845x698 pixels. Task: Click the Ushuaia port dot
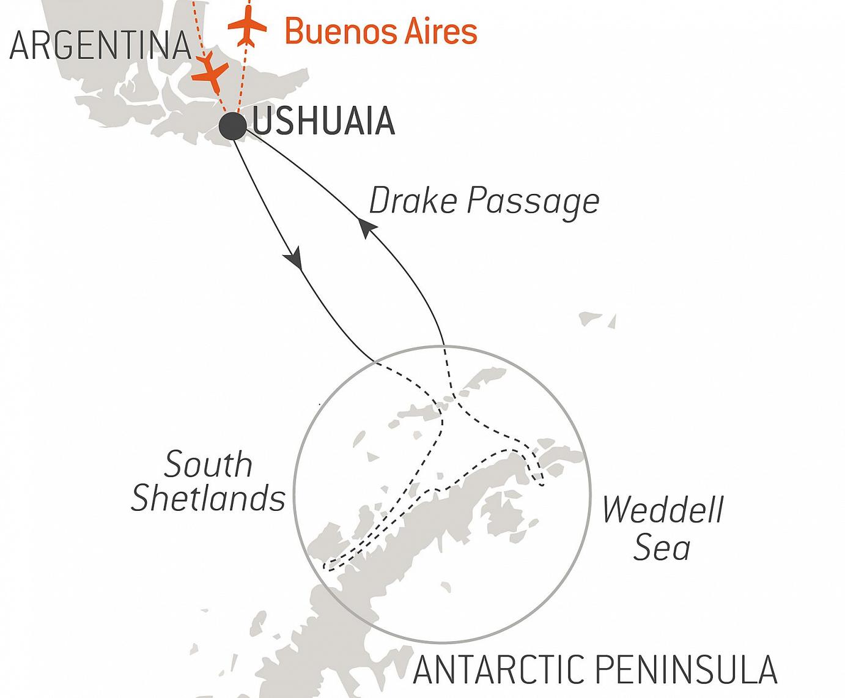(x=233, y=126)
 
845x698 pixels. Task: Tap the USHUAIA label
(x=323, y=122)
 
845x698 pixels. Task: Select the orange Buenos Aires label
(x=381, y=31)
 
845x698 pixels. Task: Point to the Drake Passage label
(x=484, y=201)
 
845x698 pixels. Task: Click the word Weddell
(x=662, y=509)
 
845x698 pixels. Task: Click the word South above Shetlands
(x=208, y=464)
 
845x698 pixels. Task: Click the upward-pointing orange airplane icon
(x=247, y=28)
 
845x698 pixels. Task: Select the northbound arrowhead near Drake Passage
(x=366, y=228)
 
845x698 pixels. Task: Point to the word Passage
(x=533, y=202)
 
